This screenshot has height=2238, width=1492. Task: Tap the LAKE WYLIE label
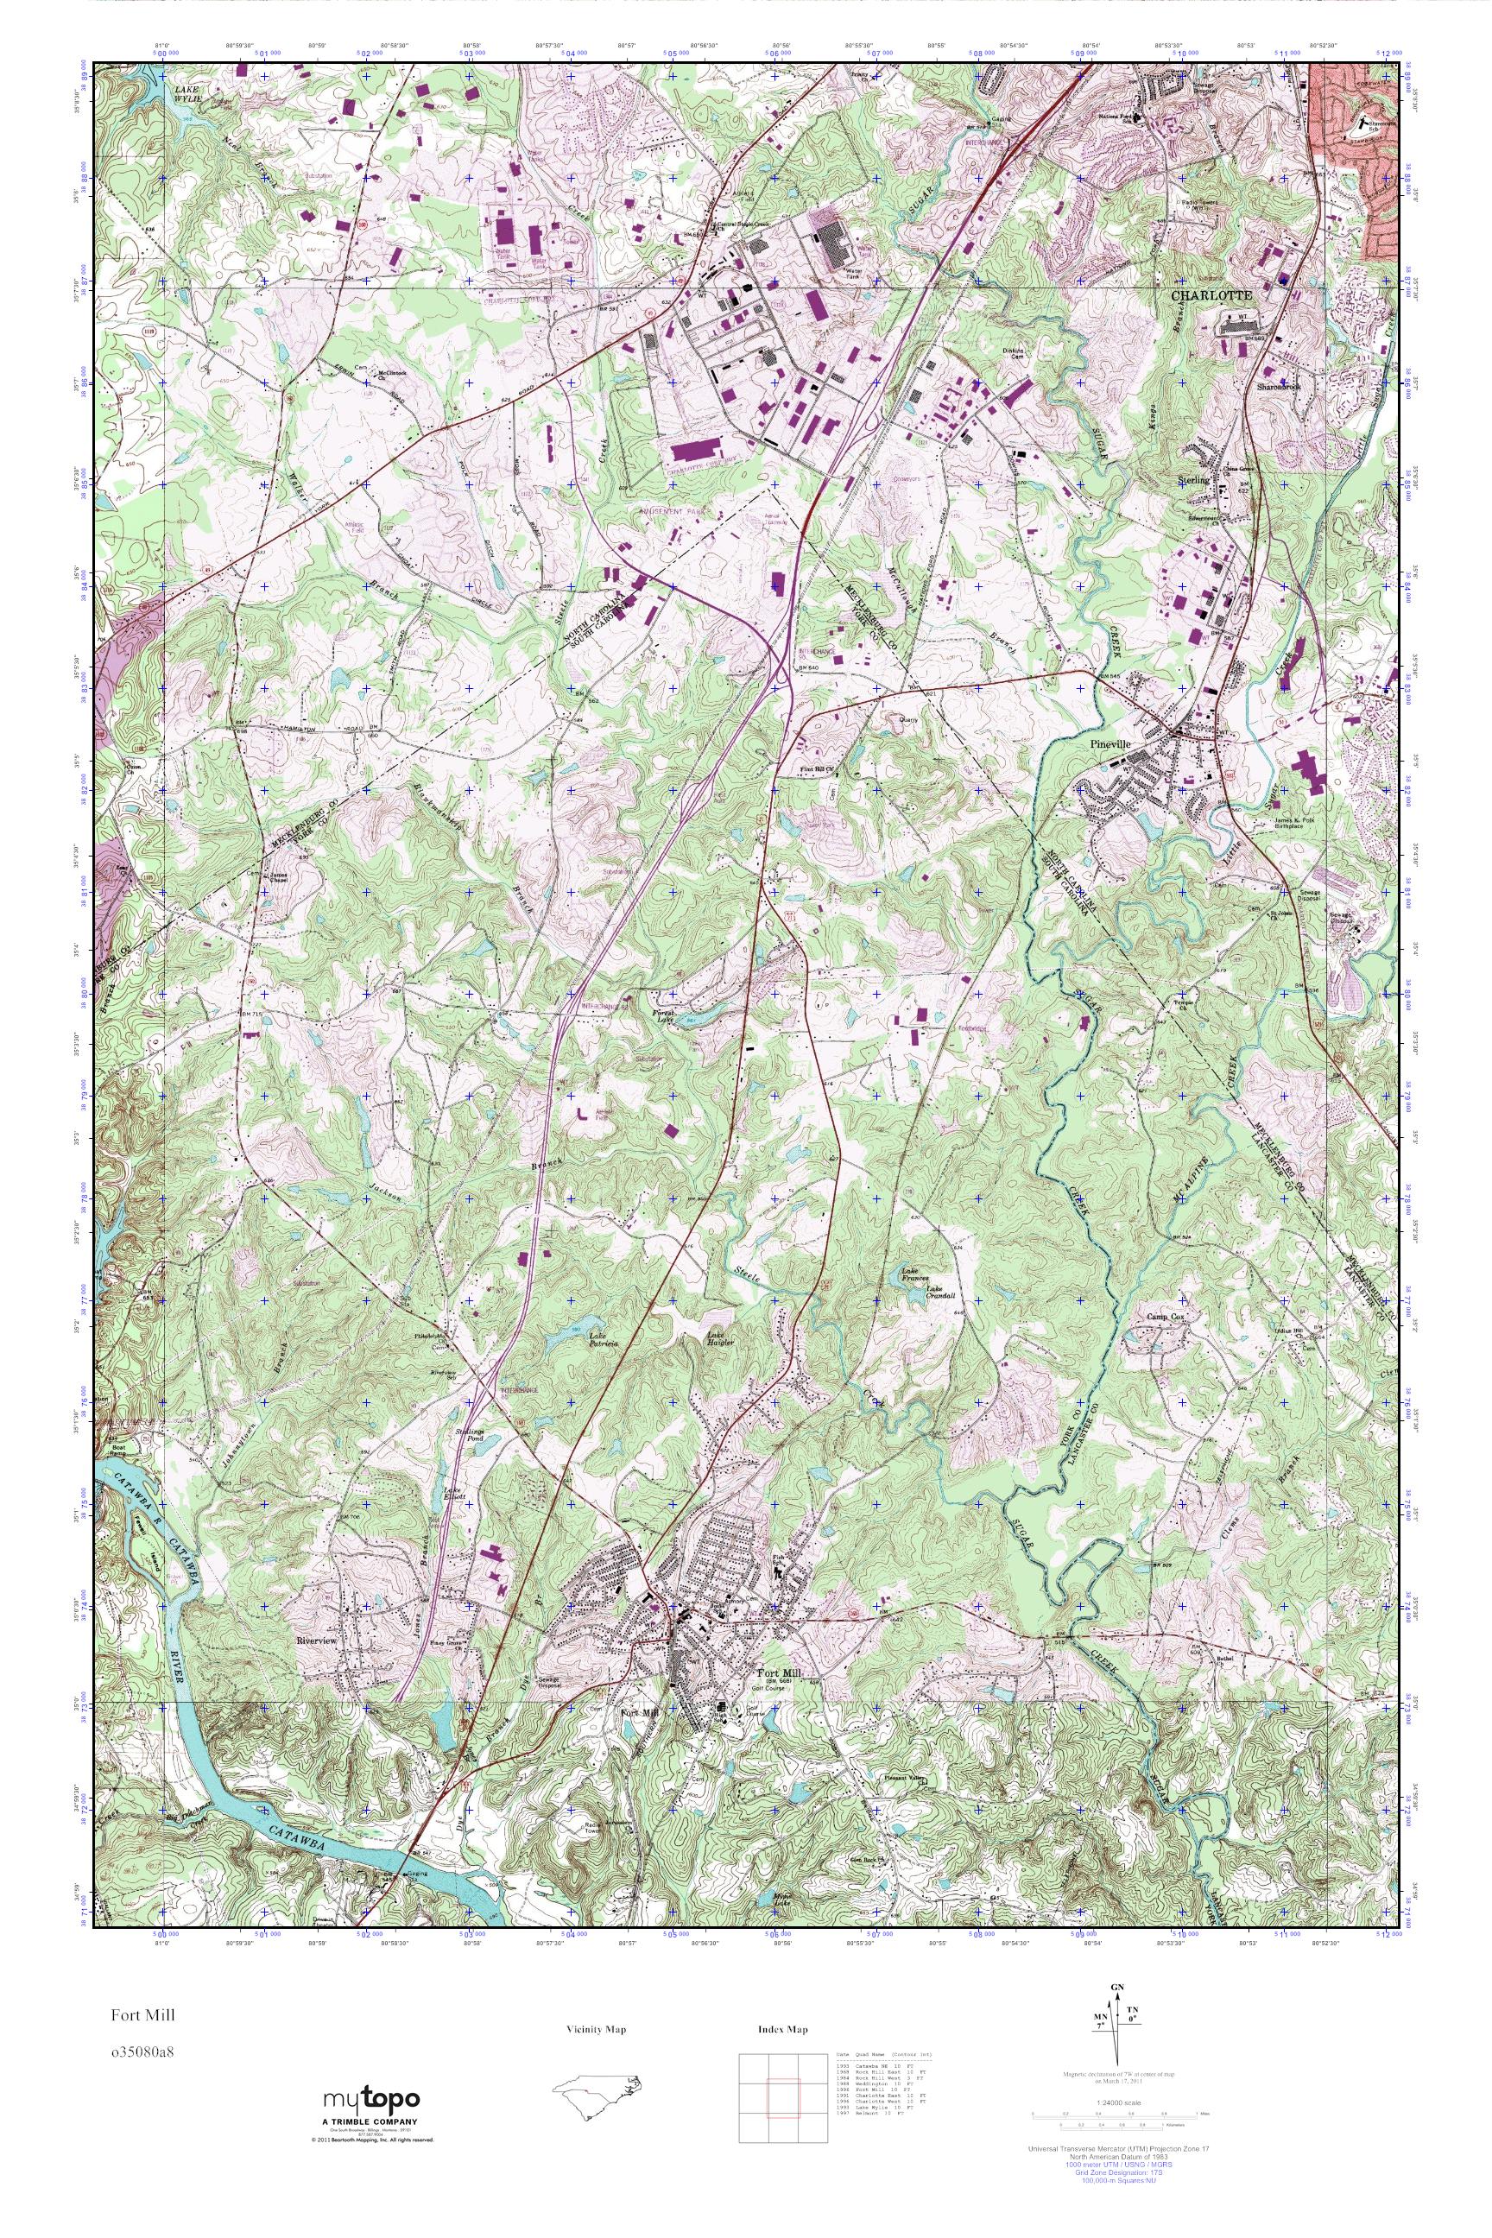(x=188, y=93)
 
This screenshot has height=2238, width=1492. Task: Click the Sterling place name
(x=1195, y=481)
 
